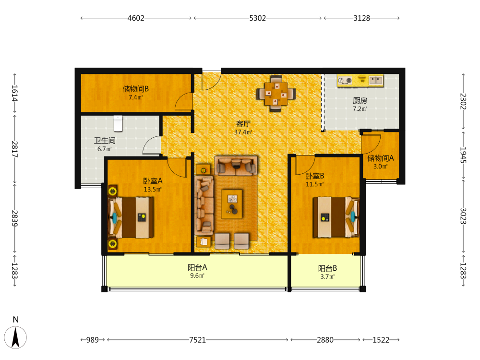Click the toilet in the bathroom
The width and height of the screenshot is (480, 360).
pyautogui.click(x=118, y=123)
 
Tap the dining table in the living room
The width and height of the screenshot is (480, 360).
pyautogui.click(x=276, y=94)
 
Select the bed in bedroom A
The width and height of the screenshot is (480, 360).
pyautogui.click(x=131, y=217)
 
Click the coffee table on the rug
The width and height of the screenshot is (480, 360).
pyautogui.click(x=232, y=204)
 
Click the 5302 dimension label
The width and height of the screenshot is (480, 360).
pyautogui.click(x=257, y=18)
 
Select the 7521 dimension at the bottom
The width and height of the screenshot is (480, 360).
pyautogui.click(x=197, y=340)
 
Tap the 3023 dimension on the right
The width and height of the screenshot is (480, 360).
pyautogui.click(x=463, y=216)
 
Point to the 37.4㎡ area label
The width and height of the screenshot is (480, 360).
pyautogui.click(x=243, y=132)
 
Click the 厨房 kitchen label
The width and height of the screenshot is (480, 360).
pyautogui.click(x=360, y=100)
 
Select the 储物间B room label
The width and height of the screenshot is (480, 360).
pyautogui.click(x=136, y=89)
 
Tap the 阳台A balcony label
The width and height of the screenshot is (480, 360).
pyautogui.click(x=197, y=267)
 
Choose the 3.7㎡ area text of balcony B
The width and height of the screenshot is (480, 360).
pyautogui.click(x=327, y=277)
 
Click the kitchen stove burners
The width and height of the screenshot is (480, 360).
pyautogui.click(x=345, y=81)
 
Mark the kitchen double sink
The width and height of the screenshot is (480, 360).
pyautogui.click(x=376, y=80)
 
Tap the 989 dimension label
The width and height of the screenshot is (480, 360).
pyautogui.click(x=93, y=340)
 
